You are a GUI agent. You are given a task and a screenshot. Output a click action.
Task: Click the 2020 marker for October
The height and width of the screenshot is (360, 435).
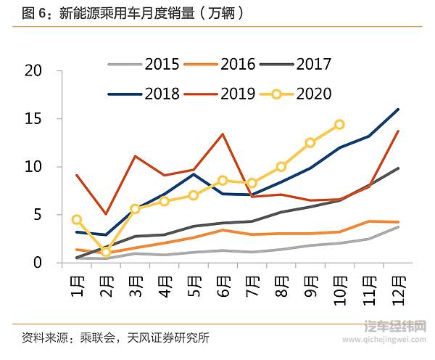339,125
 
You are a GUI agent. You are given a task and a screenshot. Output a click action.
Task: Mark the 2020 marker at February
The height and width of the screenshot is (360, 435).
106,252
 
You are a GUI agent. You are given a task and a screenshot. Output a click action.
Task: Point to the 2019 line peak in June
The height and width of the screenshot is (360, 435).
223,134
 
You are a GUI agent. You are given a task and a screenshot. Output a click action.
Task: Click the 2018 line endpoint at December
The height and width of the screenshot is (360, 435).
398,110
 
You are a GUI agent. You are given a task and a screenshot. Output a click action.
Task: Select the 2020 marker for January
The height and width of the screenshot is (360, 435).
77,219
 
